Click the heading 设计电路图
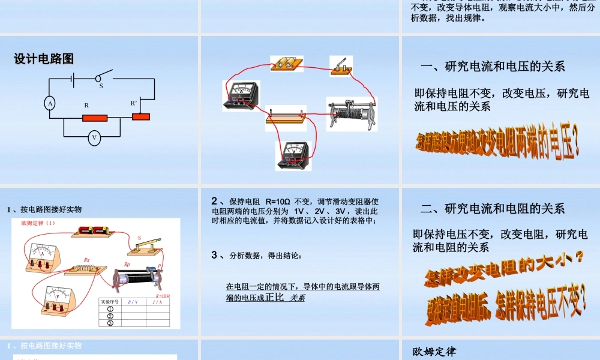pyautogui.click(x=44, y=59)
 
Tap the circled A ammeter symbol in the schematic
pyautogui.click(x=50, y=103)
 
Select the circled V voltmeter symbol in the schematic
pyautogui.click(x=94, y=137)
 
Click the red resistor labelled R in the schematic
pyautogui.click(x=91, y=118)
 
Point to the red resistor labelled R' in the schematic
pyautogui.click(x=140, y=116)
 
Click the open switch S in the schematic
pyautogui.click(x=103, y=76)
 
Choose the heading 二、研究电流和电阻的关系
pyautogui.click(x=493, y=209)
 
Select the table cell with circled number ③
pyautogui.click(x=110, y=323)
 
